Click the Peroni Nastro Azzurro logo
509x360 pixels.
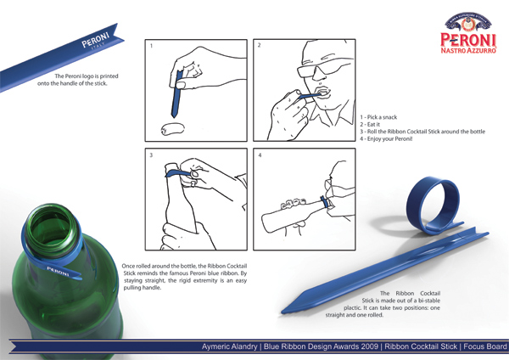pyautogui.click(x=468, y=33)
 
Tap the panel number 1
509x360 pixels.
pyautogui.click(x=151, y=46)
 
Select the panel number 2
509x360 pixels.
pyautogui.click(x=259, y=45)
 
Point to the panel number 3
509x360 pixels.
pyautogui.click(x=151, y=155)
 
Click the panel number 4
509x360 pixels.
pyautogui.click(x=260, y=155)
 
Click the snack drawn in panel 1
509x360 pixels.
pyautogui.click(x=173, y=129)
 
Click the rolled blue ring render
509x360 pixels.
pyautogui.click(x=433, y=205)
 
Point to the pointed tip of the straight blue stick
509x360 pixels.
pyautogui.click(x=282, y=312)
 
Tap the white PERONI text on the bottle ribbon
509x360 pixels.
pyautogui.click(x=58, y=271)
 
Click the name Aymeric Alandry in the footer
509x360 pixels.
pyautogui.click(x=230, y=346)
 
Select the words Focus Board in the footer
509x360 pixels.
pyautogui.click(x=485, y=346)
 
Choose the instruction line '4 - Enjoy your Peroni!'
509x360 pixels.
pyautogui.click(x=386, y=138)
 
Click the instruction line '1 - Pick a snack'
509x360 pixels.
pyautogui.click(x=378, y=117)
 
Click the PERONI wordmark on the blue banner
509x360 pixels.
pyautogui.click(x=95, y=39)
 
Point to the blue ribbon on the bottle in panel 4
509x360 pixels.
pyautogui.click(x=323, y=202)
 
